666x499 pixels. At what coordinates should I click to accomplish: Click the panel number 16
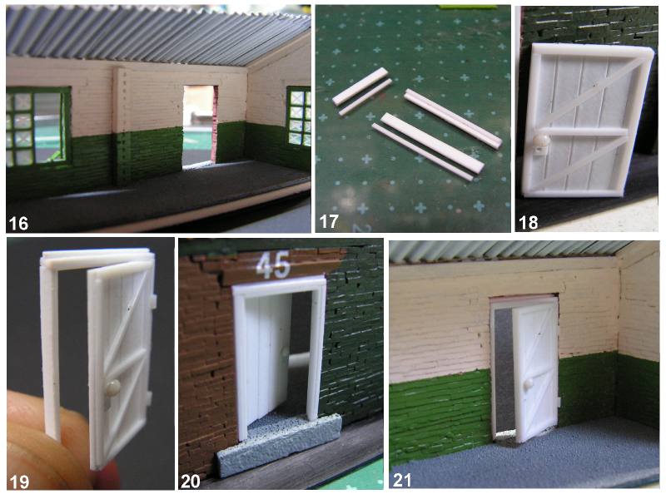(x=18, y=223)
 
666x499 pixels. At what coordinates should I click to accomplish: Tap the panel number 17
(x=329, y=221)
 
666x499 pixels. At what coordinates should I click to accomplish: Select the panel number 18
(x=529, y=222)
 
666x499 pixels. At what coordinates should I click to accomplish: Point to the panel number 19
(x=19, y=482)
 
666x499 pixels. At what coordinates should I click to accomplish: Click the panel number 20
(x=191, y=481)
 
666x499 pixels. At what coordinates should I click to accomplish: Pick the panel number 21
(x=401, y=480)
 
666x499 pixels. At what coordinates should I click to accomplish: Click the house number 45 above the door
(x=273, y=264)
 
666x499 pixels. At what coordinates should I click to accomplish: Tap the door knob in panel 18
(x=542, y=141)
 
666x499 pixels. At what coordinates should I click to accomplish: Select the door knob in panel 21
(x=529, y=384)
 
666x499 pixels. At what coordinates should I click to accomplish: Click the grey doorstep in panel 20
(x=278, y=443)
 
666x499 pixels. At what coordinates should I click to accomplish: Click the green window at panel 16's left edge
(x=38, y=126)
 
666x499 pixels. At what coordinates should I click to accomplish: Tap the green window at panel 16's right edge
(x=299, y=116)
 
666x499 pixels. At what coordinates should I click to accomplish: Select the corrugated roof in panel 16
(x=158, y=34)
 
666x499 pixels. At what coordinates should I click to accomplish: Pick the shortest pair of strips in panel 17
(x=362, y=91)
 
